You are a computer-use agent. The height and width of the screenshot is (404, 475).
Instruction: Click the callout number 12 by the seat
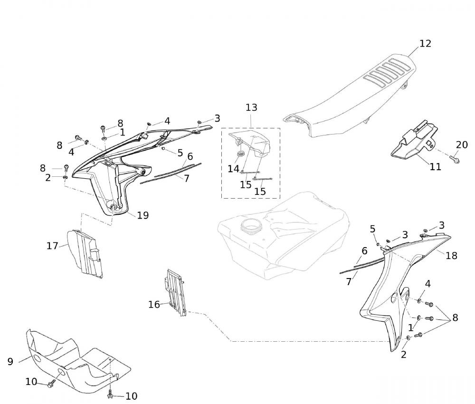(425, 43)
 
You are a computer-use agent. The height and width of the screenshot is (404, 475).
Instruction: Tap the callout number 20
(462, 145)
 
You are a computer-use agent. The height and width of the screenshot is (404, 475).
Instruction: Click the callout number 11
(435, 167)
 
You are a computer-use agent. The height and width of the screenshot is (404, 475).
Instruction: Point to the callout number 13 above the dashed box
(251, 107)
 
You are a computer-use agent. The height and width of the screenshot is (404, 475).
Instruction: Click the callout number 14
(233, 168)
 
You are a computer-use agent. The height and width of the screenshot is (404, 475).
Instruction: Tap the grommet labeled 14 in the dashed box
(240, 154)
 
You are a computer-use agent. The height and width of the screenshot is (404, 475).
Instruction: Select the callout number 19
(143, 215)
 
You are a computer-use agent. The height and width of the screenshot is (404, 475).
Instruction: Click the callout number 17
(52, 246)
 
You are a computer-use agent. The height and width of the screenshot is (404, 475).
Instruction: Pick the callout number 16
(154, 305)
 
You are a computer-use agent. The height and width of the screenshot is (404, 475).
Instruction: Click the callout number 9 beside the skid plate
(10, 362)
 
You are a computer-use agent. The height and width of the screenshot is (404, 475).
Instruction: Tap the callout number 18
(451, 256)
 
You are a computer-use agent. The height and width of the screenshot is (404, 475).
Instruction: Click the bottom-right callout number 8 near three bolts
(455, 318)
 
